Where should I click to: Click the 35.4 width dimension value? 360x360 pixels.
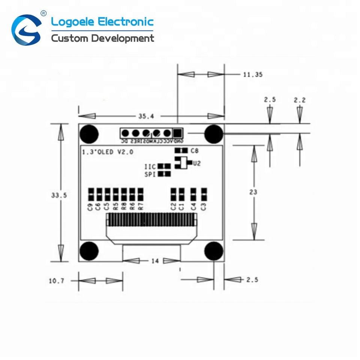point(146,116)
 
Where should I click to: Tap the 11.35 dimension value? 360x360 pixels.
point(253,75)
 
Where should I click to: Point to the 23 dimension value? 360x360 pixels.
point(253,192)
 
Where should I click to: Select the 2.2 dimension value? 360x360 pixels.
point(300,100)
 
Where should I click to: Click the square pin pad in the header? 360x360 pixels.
point(177,133)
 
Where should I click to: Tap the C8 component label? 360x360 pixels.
point(195,151)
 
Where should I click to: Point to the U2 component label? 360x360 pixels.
point(197,163)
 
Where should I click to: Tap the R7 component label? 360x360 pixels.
point(141,206)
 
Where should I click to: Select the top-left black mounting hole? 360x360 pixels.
point(89,133)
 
